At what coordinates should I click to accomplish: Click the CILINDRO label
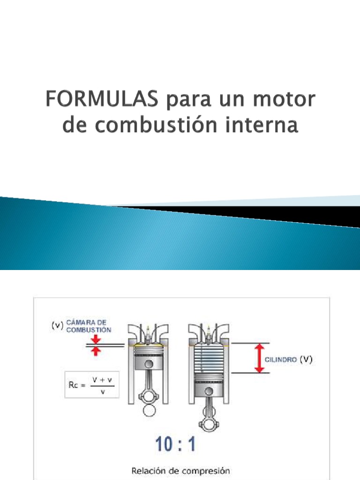click(x=280, y=360)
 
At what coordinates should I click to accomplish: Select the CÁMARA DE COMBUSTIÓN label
click(x=89, y=326)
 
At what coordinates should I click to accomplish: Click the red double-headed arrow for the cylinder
click(x=259, y=358)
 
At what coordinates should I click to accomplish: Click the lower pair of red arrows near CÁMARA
click(x=95, y=351)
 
